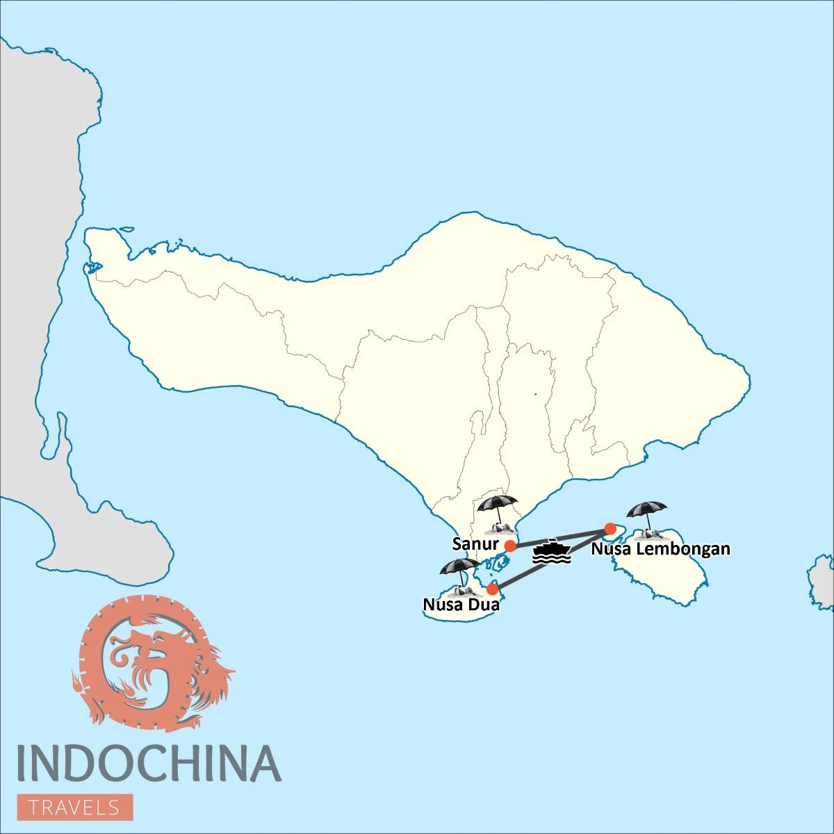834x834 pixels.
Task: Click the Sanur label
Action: pos(475,543)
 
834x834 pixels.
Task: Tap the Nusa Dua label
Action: pos(461,605)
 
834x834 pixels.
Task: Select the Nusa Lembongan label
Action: pos(660,549)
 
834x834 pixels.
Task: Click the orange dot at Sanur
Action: pos(510,546)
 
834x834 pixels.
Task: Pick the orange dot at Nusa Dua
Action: pos(492,589)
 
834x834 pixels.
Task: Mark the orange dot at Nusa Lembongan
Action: pos(610,529)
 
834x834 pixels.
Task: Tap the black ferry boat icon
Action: pos(551,552)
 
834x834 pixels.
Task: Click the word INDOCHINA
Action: pos(148,763)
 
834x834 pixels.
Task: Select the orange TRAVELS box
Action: pos(75,808)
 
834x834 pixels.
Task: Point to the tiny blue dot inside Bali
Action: pos(535,395)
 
